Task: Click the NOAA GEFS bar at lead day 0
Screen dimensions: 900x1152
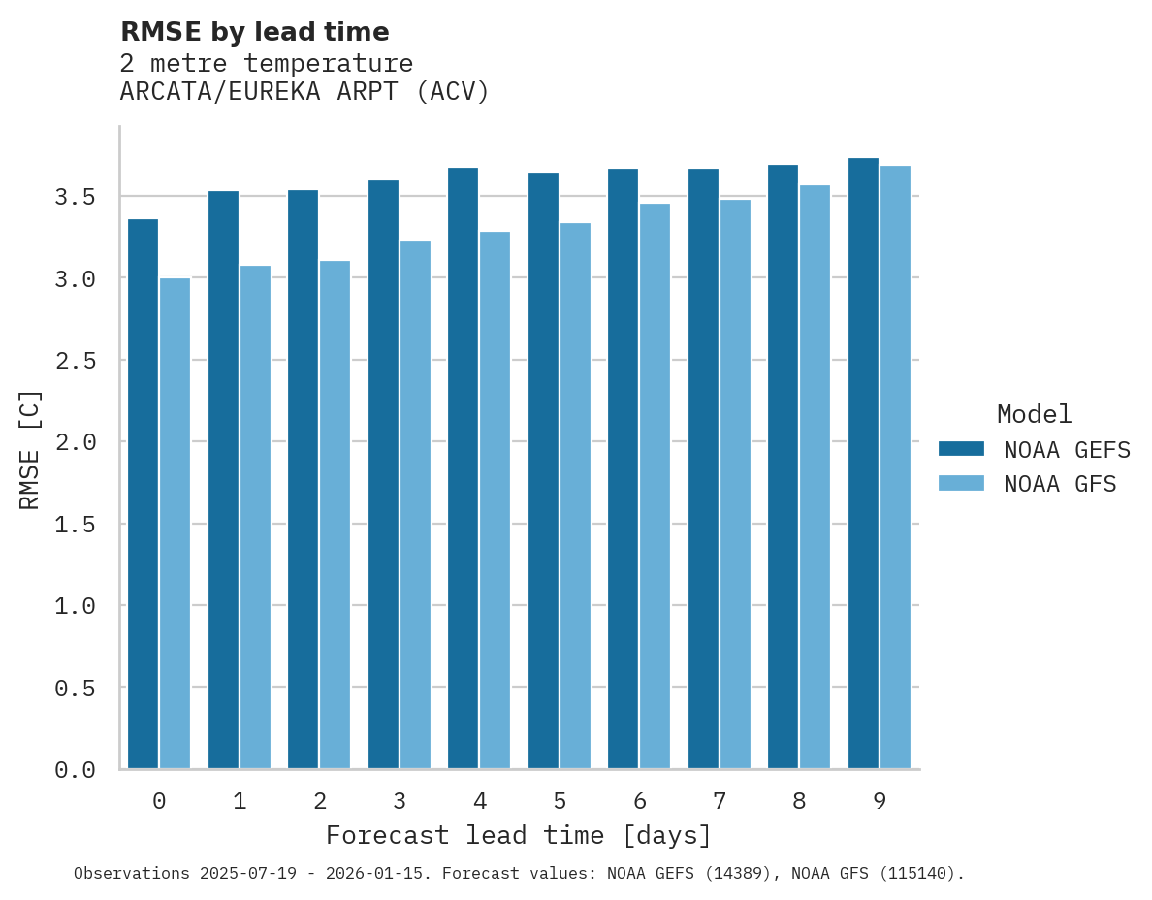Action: pos(143,494)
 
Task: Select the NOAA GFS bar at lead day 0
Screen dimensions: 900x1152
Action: pos(175,524)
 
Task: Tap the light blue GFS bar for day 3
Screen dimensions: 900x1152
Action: pos(415,504)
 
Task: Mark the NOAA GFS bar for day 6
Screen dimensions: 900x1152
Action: pos(655,486)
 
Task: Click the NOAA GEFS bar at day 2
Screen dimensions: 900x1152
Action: pos(303,479)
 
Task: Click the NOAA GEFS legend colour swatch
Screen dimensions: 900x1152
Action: pos(961,449)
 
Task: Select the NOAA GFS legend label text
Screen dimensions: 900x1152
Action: pos(1060,484)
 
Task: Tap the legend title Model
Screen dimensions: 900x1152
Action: pos(1034,414)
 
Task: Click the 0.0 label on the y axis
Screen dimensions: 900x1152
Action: pos(75,770)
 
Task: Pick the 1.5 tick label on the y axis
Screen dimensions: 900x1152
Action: pos(75,525)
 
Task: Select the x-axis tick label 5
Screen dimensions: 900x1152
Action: pos(560,801)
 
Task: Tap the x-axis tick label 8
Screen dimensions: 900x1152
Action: pos(799,801)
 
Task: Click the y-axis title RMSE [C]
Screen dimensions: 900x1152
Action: pos(30,449)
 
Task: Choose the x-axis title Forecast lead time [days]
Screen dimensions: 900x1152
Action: pos(519,835)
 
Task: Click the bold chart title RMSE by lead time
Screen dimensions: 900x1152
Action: pos(254,32)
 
